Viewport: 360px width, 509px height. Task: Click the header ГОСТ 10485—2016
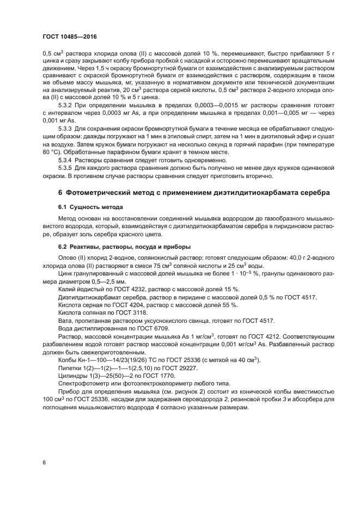point(70,37)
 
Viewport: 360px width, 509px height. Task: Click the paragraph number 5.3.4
point(65,161)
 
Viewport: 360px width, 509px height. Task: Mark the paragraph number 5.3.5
point(65,169)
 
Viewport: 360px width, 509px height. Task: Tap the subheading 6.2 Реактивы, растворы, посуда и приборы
point(124,246)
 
